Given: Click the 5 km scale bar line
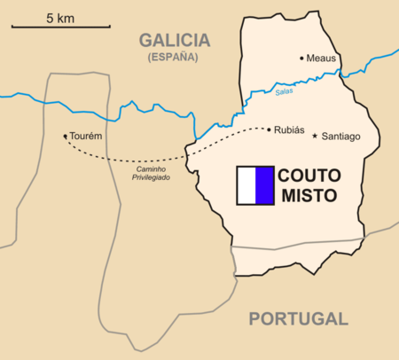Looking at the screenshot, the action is coord(49,27).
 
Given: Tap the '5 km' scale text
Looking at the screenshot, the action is coord(59,17).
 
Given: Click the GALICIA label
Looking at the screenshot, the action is coord(175,40).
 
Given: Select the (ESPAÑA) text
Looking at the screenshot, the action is coord(175,57).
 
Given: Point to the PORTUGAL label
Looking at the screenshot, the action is coord(297,319).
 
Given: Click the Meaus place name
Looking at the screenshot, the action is coord(321,59).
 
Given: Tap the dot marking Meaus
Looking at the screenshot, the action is coord(301,59).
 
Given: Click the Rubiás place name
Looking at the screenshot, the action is coord(290,130).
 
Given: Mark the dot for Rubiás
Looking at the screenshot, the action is coord(270,130).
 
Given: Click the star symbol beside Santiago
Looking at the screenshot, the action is coord(315,136).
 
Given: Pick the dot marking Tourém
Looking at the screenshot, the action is coord(65,137).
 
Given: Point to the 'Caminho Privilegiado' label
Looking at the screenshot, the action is coord(153,173).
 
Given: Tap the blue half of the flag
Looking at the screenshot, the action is coord(264,184).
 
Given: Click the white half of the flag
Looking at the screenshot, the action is coord(246,184).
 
